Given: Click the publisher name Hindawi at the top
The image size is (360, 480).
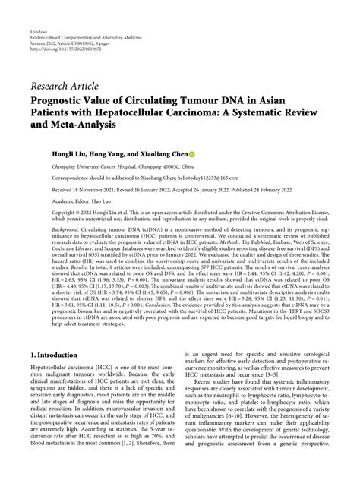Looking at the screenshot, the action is click(39, 11).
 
